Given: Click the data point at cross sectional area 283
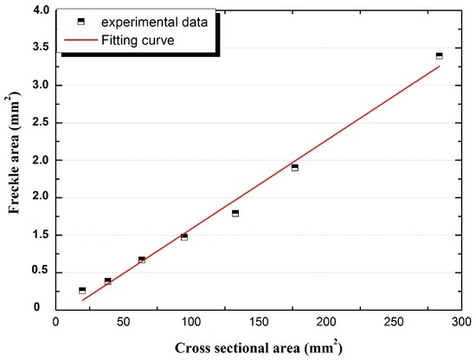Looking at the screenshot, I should (x=439, y=55).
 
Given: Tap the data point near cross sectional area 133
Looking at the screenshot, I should (x=235, y=213).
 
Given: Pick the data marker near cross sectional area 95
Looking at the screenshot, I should (x=183, y=236).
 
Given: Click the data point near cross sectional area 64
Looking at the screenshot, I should (x=142, y=259).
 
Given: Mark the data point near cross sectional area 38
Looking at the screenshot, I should (x=107, y=280).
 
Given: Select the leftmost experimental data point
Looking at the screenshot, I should (x=82, y=290).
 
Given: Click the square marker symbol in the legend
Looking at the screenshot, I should (x=80, y=22).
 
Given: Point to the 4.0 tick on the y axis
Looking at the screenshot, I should (x=37, y=11).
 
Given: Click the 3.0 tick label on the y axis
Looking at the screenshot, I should (x=37, y=86).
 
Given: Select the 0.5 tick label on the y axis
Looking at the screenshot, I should (x=37, y=271).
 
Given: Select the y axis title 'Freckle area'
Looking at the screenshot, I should (x=11, y=160).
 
